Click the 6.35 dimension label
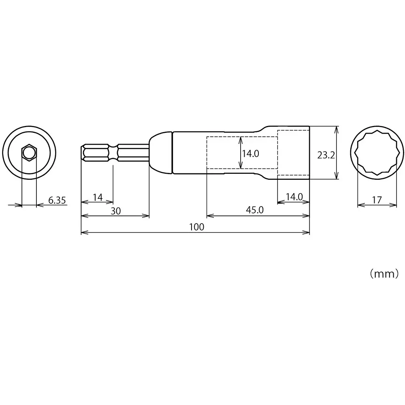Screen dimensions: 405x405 57,200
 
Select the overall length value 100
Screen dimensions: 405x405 196,227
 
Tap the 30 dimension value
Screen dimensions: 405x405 116,211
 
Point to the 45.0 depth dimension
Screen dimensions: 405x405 255,210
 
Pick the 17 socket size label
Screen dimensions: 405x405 377,200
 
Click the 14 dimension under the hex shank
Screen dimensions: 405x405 98,197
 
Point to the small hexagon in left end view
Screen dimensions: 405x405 28,153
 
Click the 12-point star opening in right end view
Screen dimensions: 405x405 377,153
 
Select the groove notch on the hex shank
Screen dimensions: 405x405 113,153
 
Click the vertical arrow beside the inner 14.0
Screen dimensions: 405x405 241,153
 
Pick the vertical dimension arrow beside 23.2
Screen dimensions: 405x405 336,153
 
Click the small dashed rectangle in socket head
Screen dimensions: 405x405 293,153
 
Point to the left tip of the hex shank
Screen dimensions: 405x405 82,153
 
